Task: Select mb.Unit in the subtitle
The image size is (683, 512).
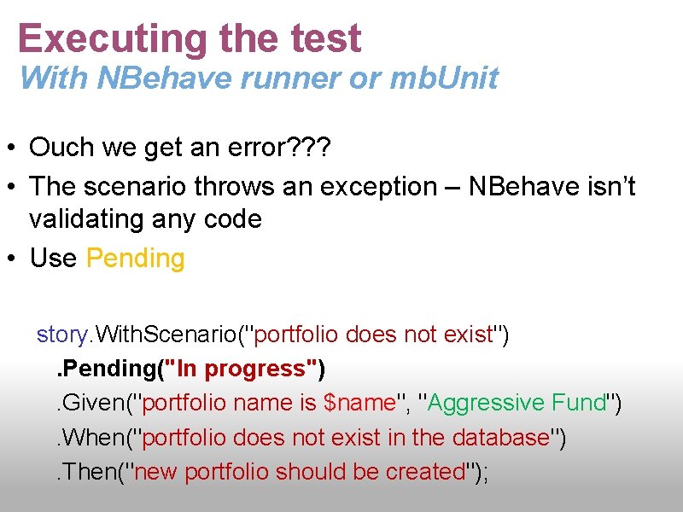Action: point(444,79)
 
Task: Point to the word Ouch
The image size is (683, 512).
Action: point(61,148)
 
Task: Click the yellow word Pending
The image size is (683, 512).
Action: point(136,258)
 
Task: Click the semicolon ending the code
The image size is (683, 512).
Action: point(486,472)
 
